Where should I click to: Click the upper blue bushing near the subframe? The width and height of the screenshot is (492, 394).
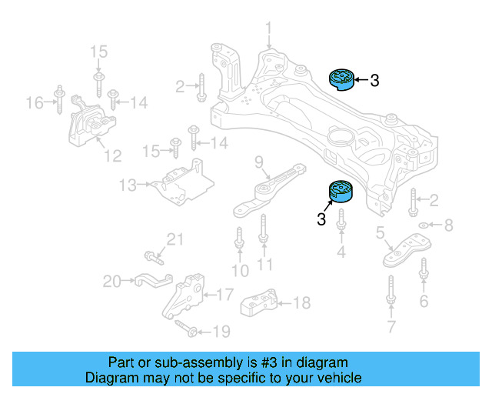point(340,78)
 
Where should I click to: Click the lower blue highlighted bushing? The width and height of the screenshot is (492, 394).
point(340,191)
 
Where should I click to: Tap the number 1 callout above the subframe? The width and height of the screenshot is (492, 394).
point(269,31)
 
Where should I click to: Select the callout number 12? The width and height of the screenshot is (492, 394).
point(112,156)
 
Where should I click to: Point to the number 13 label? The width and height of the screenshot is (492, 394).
point(128,185)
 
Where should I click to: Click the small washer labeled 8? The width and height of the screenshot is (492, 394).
point(422,225)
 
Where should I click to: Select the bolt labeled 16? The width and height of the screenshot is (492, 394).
point(58,100)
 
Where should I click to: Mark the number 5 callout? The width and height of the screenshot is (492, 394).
point(380,232)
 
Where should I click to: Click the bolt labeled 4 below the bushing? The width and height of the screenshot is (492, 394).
point(341,226)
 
